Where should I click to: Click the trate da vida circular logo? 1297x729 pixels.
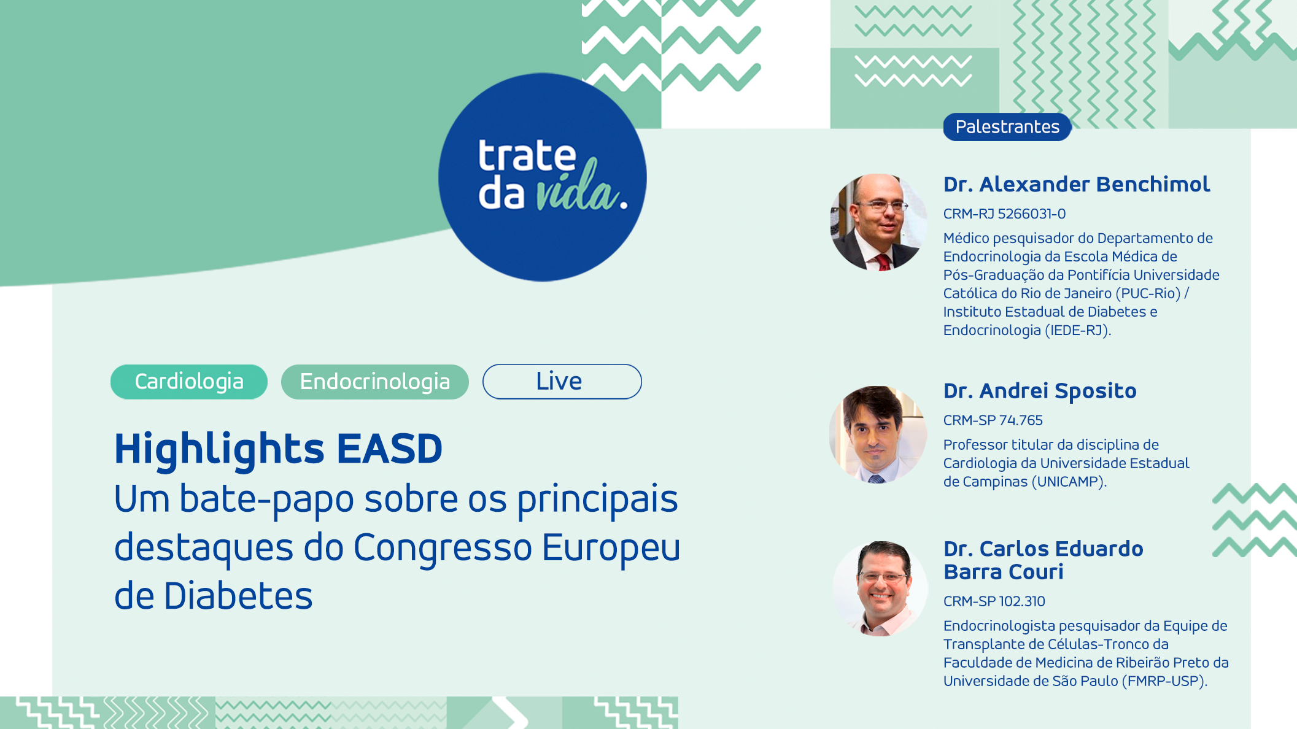pyautogui.click(x=542, y=177)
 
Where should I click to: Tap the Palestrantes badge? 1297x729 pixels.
pyautogui.click(x=1007, y=127)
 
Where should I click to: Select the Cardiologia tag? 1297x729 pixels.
pyautogui.click(x=189, y=382)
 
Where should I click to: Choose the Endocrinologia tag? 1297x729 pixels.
pyautogui.click(x=374, y=382)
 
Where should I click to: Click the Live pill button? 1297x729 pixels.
pyautogui.click(x=562, y=382)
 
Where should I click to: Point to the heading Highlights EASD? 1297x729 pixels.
pyautogui.click(x=278, y=449)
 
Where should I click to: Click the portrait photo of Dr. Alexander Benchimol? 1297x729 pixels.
pyautogui.click(x=878, y=222)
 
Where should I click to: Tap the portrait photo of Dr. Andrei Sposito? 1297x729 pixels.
pyautogui.click(x=878, y=434)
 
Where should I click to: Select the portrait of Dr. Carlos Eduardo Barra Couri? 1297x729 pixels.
pyautogui.click(x=880, y=588)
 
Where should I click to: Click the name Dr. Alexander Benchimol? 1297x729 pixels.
pyautogui.click(x=1076, y=184)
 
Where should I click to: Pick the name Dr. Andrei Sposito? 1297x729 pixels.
pyautogui.click(x=1040, y=391)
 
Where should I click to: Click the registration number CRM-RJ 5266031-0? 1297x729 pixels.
pyautogui.click(x=1004, y=214)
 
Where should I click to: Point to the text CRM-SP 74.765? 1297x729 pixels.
pyautogui.click(x=993, y=420)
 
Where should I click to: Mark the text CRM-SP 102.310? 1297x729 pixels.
pyautogui.click(x=994, y=601)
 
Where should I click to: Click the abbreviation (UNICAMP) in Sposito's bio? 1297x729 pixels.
pyautogui.click(x=1069, y=482)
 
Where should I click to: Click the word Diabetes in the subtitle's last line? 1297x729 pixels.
pyautogui.click(x=238, y=596)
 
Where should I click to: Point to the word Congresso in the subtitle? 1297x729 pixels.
pyautogui.click(x=443, y=547)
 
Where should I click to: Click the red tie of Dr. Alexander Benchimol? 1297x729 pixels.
pyautogui.click(x=883, y=263)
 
